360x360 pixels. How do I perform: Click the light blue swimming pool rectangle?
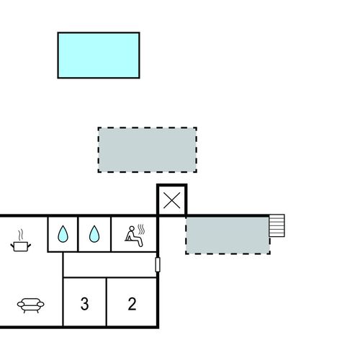[99, 55]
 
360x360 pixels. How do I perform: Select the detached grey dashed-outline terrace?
[148, 150]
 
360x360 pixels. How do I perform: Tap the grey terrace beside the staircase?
[228, 235]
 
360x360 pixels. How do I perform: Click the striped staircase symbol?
[276, 225]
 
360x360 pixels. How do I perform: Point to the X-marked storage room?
[171, 200]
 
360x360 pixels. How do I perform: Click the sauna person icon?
[134, 236]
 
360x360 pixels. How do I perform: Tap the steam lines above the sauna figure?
[141, 229]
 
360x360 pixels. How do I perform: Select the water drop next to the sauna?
[94, 234]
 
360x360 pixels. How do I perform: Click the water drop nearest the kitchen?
[63, 234]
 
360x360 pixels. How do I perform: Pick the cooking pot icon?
[21, 246]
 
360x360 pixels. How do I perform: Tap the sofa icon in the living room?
[30, 305]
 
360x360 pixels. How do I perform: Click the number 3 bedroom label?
[84, 304]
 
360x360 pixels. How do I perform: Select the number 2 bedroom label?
[132, 304]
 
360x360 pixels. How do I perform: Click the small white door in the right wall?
[158, 264]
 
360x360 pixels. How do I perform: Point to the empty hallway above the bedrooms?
[110, 265]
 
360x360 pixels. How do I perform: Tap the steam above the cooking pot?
[21, 235]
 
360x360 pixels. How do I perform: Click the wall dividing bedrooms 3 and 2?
[107, 302]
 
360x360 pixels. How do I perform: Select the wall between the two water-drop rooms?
[78, 234]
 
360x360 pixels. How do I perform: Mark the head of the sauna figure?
[132, 228]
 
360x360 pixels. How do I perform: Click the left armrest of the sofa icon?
[21, 305]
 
